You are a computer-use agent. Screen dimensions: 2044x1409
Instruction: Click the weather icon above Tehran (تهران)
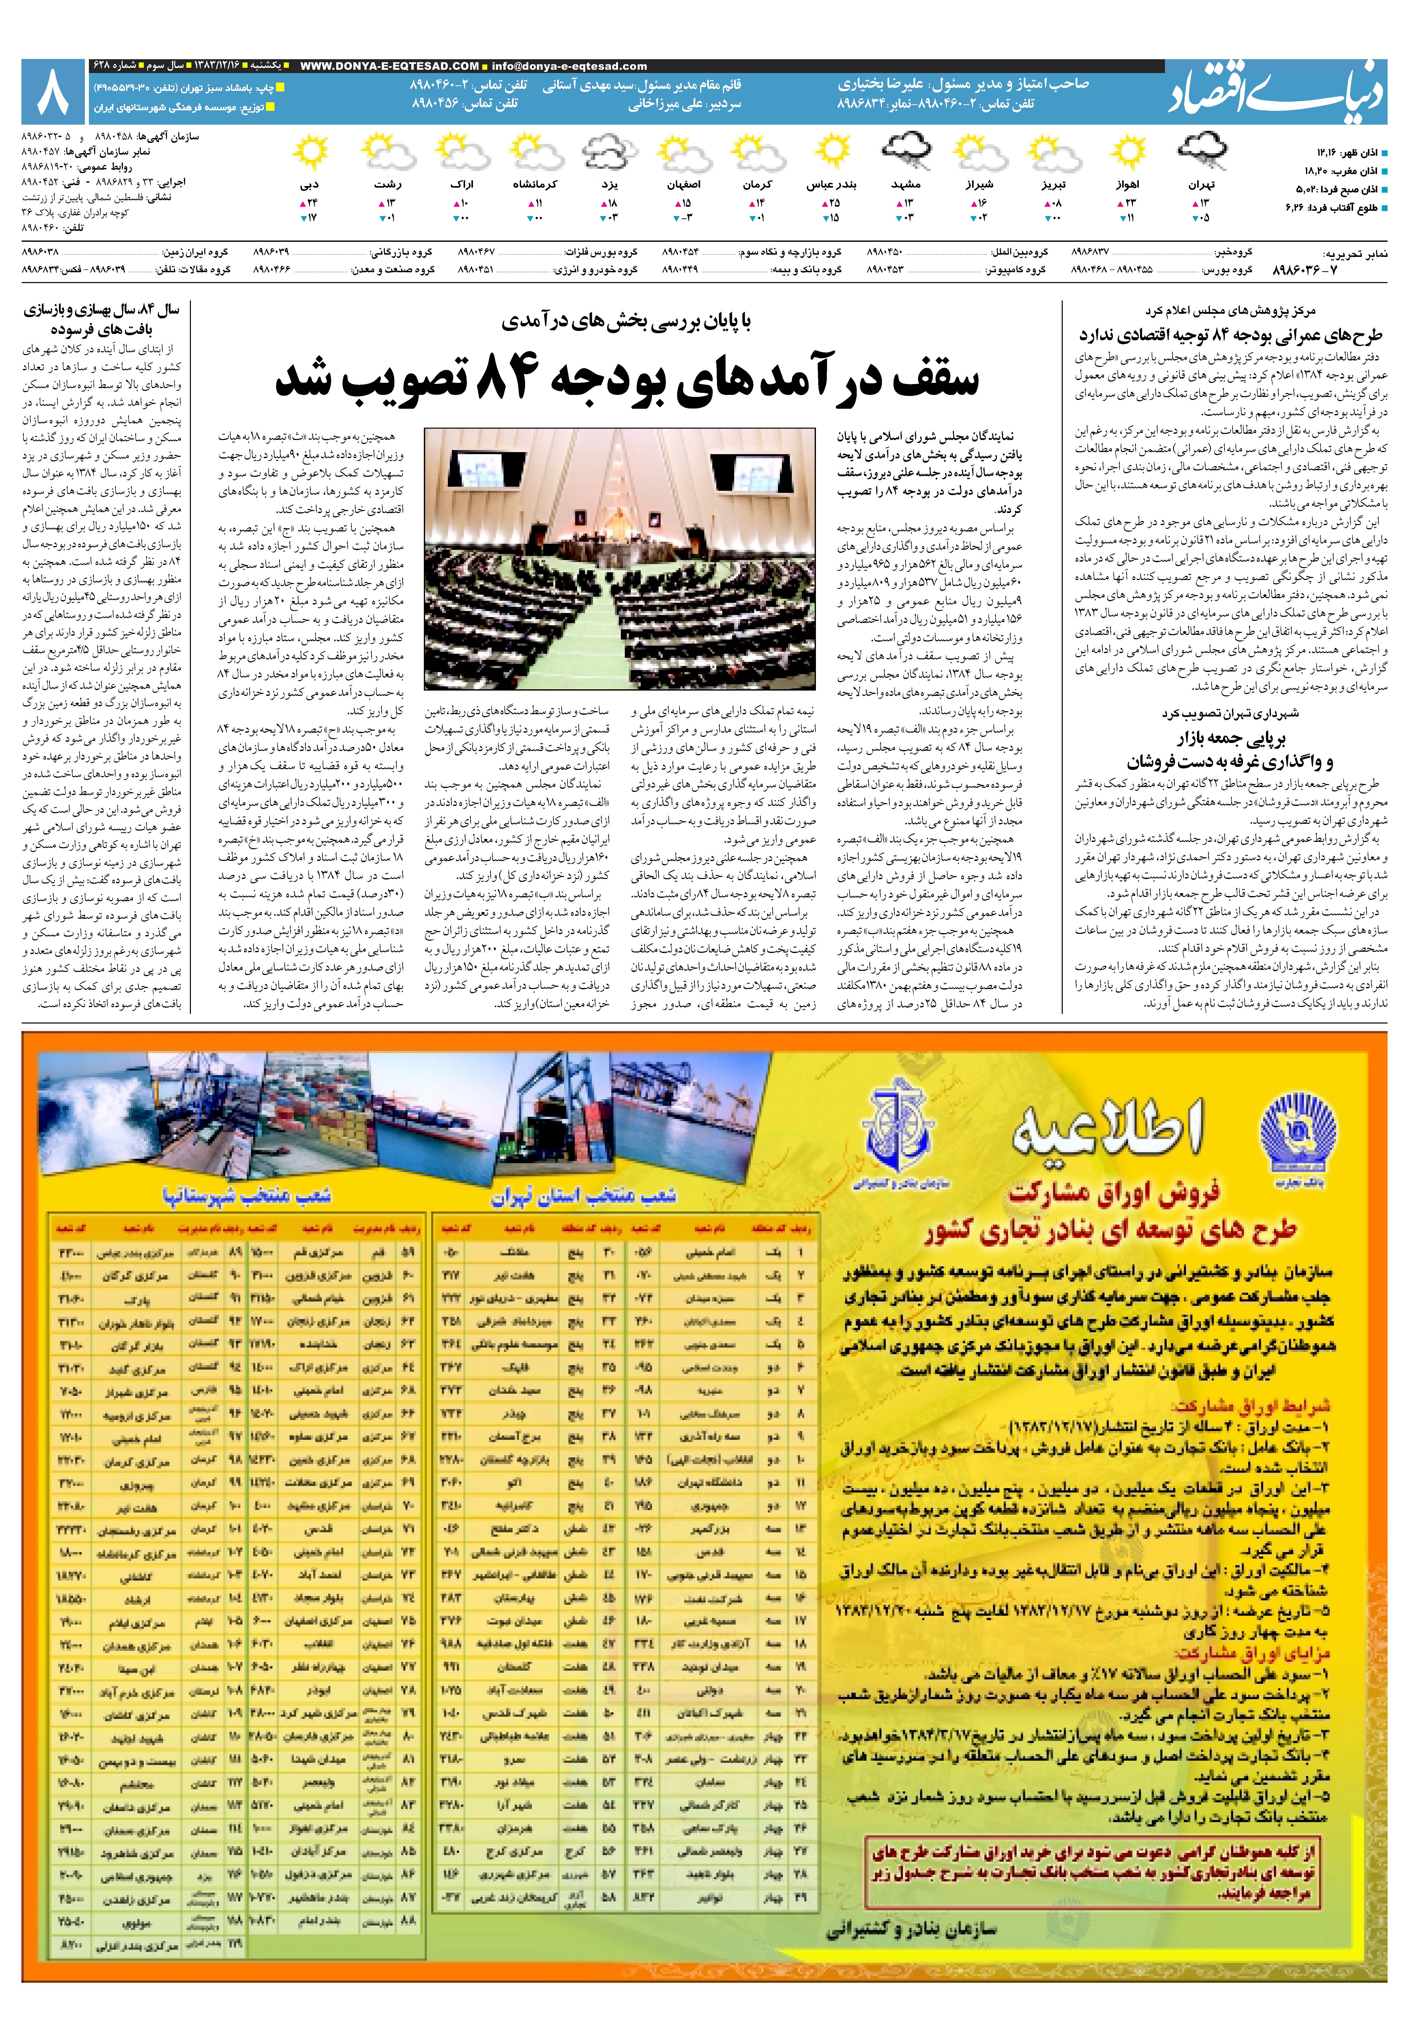point(1201,152)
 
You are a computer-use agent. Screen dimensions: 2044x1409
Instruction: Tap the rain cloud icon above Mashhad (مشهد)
point(907,152)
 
